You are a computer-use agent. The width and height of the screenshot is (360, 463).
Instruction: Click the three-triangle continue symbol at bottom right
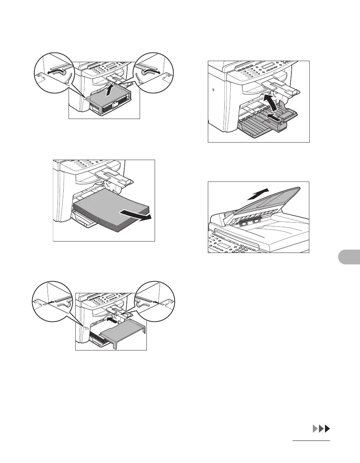pyautogui.click(x=321, y=429)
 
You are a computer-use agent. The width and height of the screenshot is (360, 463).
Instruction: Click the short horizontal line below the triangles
pyautogui.click(x=311, y=441)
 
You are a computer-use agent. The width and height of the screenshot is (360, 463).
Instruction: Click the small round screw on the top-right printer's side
pyautogui.click(x=213, y=89)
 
